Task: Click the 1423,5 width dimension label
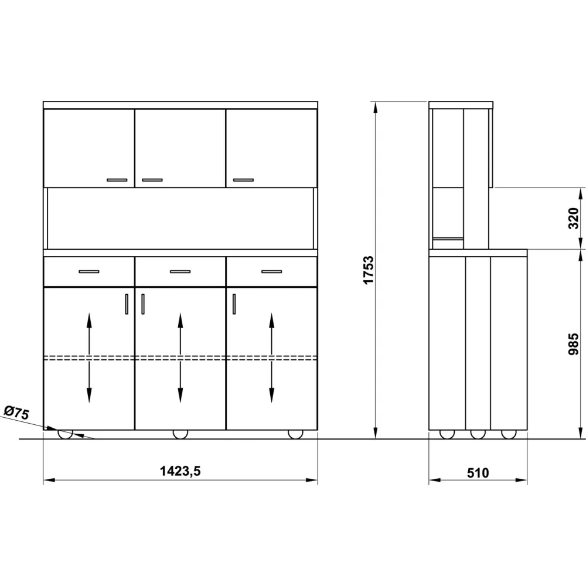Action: pos(180,471)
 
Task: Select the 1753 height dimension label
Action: pos(369,270)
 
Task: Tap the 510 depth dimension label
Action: pos(478,472)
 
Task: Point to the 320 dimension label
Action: pos(574,217)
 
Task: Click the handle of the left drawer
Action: pos(89,272)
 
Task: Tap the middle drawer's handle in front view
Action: pos(180,272)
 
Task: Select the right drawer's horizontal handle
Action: pos(271,272)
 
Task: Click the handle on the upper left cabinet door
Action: pos(117,180)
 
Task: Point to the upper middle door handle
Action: pos(152,180)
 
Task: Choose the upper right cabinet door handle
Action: pos(243,180)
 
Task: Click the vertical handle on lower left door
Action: pos(127,304)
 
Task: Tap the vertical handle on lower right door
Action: pos(234,304)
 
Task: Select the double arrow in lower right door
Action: pos(271,357)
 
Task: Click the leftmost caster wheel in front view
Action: pos(64,434)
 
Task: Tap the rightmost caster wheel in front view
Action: pos(295,434)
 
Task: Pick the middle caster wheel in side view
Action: pos(478,434)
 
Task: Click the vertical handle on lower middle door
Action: pos(142,304)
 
